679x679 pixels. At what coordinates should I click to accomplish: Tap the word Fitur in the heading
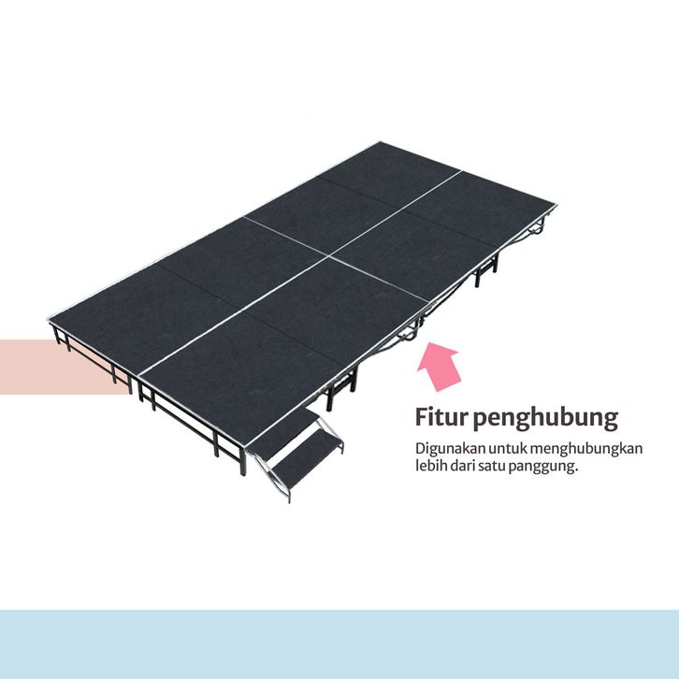point(439,416)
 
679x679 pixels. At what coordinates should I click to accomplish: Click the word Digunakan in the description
point(446,448)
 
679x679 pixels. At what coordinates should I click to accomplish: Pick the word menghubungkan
point(586,449)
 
